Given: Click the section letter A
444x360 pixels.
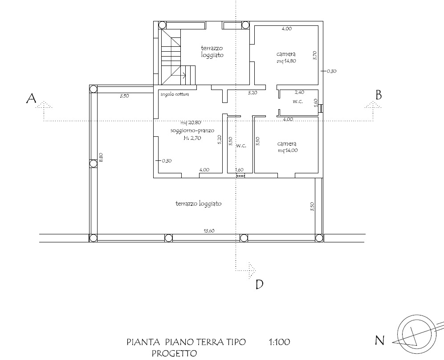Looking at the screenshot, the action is [x=32, y=99].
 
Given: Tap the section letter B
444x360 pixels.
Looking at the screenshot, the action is [x=378, y=95].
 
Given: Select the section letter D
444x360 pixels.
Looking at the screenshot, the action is [x=259, y=284].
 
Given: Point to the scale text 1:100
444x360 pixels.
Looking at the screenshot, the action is [x=279, y=342].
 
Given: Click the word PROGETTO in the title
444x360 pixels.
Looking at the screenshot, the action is [x=174, y=353].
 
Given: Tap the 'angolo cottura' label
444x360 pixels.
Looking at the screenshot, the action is [x=175, y=94].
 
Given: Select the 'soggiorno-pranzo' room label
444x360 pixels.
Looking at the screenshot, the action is [x=192, y=131].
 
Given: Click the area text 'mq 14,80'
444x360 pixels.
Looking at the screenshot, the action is [x=286, y=61].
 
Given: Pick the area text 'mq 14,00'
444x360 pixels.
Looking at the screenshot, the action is [x=288, y=151].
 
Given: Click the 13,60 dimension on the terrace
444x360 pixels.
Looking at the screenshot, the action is [x=209, y=231].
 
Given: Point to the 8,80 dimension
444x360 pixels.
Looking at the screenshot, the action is [x=101, y=157].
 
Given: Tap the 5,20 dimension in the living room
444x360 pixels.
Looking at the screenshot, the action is [x=220, y=139].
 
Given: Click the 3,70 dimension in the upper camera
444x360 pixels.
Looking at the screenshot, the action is [x=315, y=55].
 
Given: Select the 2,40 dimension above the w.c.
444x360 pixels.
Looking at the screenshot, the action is [x=299, y=92].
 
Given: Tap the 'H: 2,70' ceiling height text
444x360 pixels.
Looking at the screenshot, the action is [x=192, y=138].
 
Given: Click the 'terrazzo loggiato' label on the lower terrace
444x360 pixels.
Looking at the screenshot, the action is [x=199, y=204].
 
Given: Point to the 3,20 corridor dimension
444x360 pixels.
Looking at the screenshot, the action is [x=253, y=93].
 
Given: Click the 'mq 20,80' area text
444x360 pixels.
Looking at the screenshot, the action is [x=191, y=123].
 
